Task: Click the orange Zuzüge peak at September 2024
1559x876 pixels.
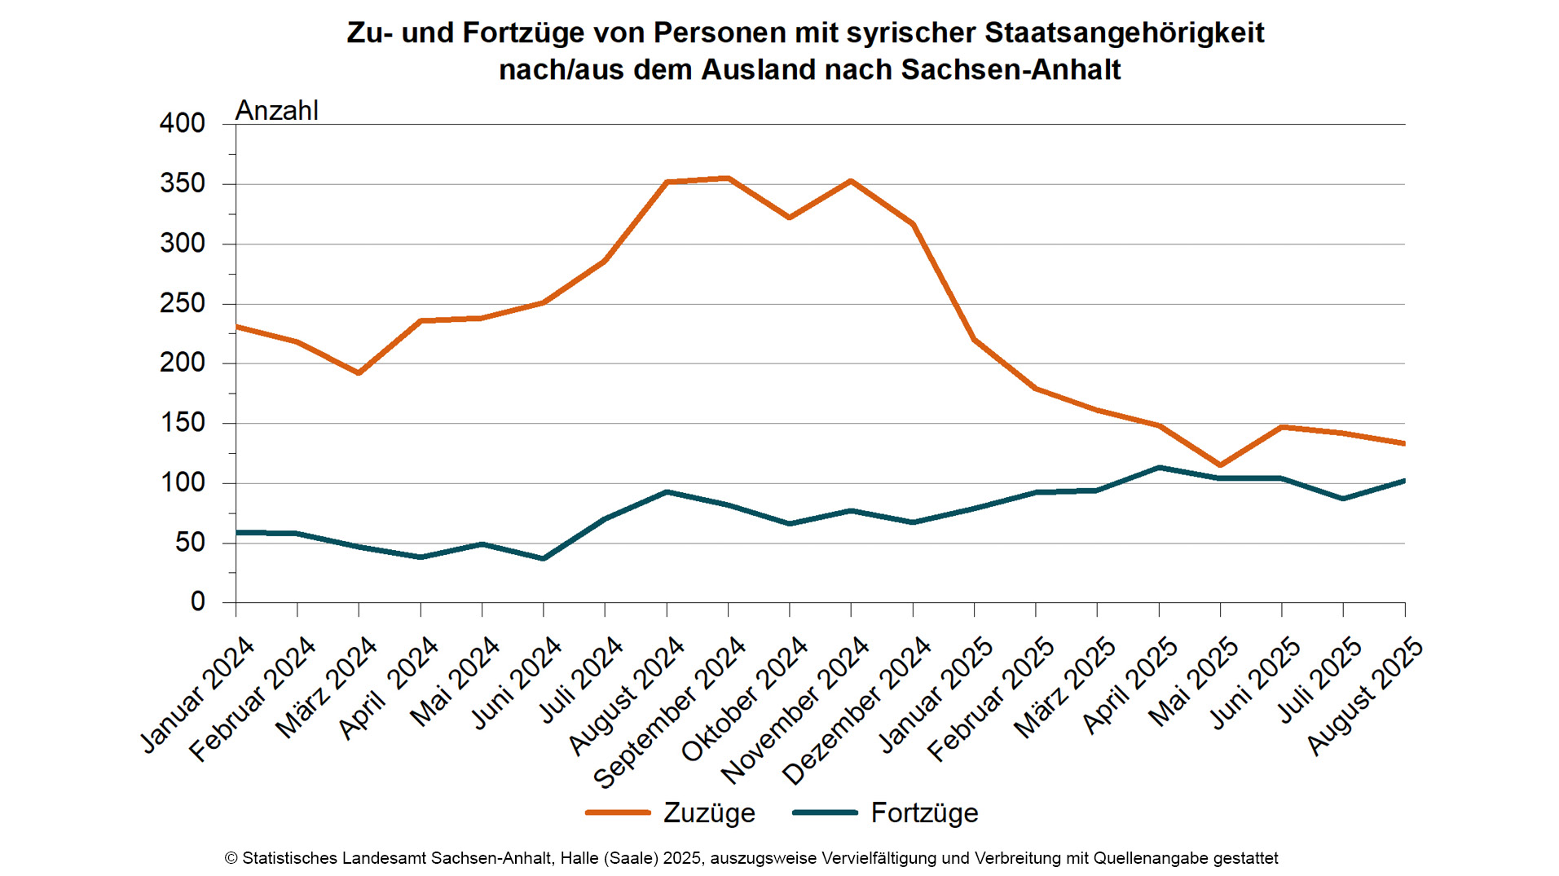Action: pyautogui.click(x=728, y=178)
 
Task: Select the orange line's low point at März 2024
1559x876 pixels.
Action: pyautogui.click(x=359, y=372)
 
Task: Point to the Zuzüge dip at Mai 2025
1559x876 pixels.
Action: pyautogui.click(x=1220, y=464)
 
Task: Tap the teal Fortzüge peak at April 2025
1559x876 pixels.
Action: pyautogui.click(x=1159, y=468)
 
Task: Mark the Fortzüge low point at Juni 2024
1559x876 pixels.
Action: pyautogui.click(x=544, y=558)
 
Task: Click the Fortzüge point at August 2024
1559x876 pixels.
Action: pyautogui.click(x=667, y=492)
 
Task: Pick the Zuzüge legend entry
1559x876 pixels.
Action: pyautogui.click(x=672, y=812)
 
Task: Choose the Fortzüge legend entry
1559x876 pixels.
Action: pyautogui.click(x=886, y=812)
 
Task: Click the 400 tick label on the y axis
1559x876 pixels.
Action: pyautogui.click(x=183, y=124)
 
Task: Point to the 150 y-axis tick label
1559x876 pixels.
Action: pyautogui.click(x=183, y=423)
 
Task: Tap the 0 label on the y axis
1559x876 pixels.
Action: pyautogui.click(x=198, y=602)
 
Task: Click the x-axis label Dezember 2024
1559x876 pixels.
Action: pyautogui.click(x=857, y=711)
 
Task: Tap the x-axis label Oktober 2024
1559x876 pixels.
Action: pyautogui.click(x=744, y=699)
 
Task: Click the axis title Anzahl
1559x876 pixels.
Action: pyautogui.click(x=276, y=111)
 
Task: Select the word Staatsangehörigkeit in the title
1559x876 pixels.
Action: pyautogui.click(x=1124, y=33)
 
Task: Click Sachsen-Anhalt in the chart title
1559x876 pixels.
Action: pyautogui.click(x=1011, y=70)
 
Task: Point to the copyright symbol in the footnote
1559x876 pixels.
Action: pyautogui.click(x=231, y=858)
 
